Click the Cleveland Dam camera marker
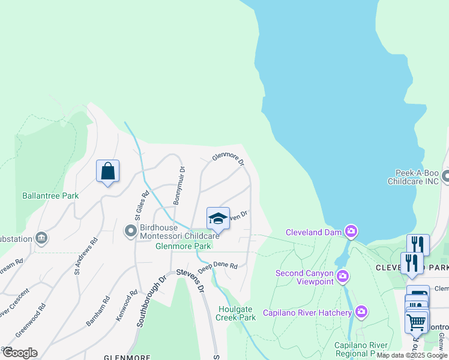tap(351, 232)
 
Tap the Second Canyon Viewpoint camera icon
tap(343, 277)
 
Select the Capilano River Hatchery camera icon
tap(361, 311)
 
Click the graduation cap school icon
tap(218, 218)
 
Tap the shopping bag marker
tap(107, 171)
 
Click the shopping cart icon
tap(416, 323)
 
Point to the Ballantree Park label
tap(50, 196)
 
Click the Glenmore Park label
tap(183, 246)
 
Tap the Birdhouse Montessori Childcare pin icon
tap(130, 230)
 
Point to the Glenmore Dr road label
tap(229, 159)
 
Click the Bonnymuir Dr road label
tap(179, 185)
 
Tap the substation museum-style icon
tap(41, 238)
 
